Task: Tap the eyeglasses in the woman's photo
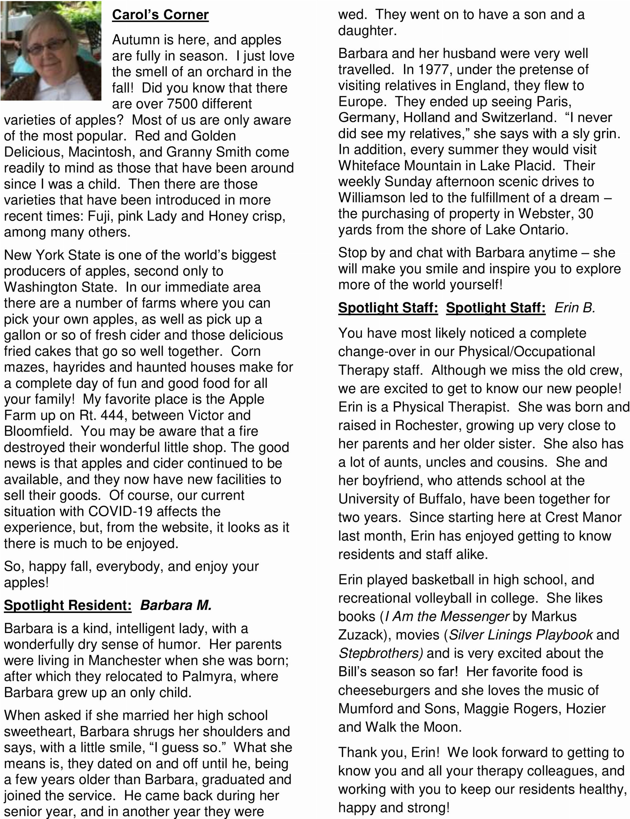[47, 46]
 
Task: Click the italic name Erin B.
[574, 308]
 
